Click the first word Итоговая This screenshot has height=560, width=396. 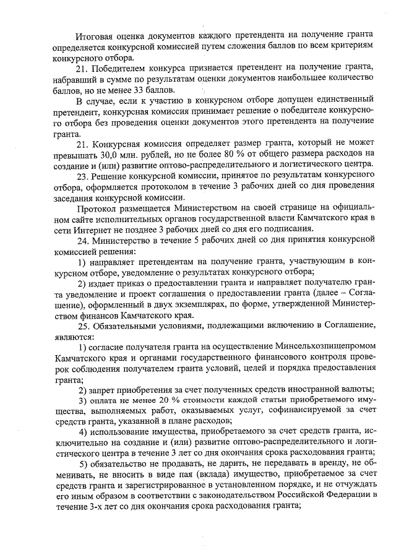(95, 36)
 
